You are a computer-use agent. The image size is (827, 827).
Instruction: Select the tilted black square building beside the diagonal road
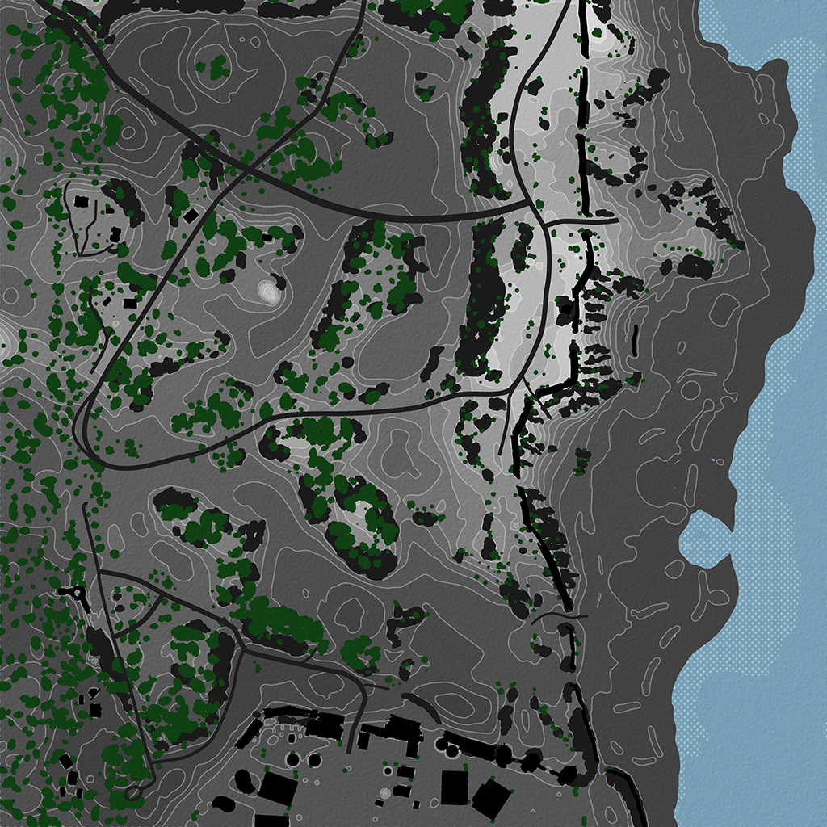tap(191, 216)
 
